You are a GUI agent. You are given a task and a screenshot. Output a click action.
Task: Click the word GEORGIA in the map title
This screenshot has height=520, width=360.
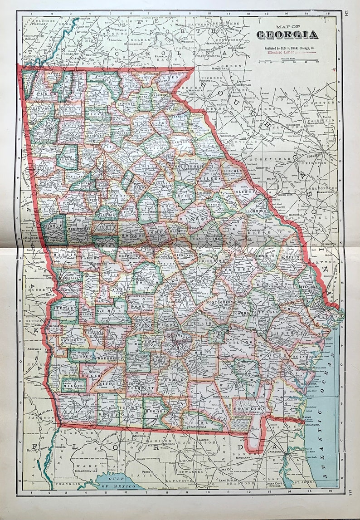[287, 35]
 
